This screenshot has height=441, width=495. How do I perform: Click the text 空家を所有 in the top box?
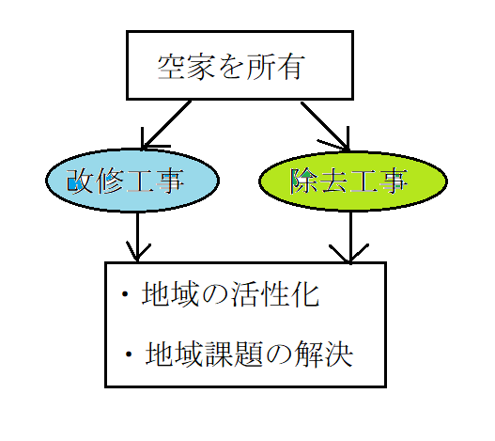(231, 67)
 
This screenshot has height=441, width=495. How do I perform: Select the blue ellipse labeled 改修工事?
(132, 181)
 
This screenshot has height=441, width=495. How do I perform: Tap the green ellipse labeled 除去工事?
(353, 181)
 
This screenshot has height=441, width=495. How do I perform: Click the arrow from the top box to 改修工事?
(166, 125)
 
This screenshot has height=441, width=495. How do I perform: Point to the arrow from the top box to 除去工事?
(325, 126)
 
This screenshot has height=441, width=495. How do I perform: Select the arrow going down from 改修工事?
(138, 237)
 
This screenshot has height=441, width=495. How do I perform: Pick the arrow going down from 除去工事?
(350, 238)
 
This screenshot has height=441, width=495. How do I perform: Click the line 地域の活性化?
(230, 293)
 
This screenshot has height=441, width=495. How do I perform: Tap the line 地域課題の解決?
(249, 354)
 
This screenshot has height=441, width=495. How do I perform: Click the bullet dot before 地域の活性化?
(125, 294)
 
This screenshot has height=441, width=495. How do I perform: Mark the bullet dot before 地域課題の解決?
(129, 354)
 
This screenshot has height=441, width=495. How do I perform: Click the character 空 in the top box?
(171, 67)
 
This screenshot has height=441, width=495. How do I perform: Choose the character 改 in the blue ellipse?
(80, 181)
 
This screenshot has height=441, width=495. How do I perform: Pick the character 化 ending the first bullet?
(305, 293)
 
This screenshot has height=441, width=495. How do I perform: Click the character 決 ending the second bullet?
(339, 354)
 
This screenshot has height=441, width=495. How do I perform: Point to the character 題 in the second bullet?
(250, 354)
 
